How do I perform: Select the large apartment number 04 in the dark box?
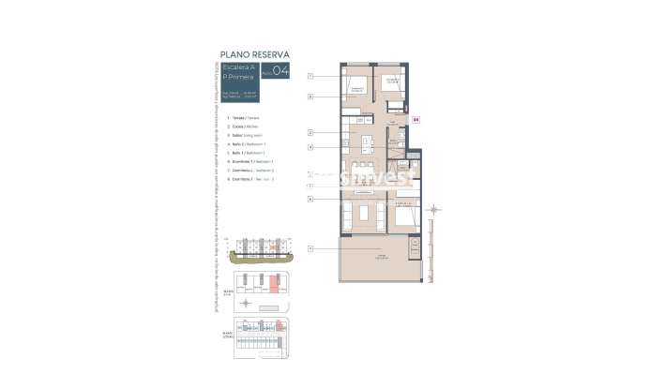coord(282,72)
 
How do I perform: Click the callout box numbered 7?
coord(309,76)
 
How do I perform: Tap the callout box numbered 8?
coord(309,96)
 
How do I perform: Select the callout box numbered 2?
coord(309,133)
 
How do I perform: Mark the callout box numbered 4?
coord(309,146)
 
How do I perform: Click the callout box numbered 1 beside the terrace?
coord(309,248)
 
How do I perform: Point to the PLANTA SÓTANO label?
coord(227,334)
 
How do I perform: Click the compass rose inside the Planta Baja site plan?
coord(247,303)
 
